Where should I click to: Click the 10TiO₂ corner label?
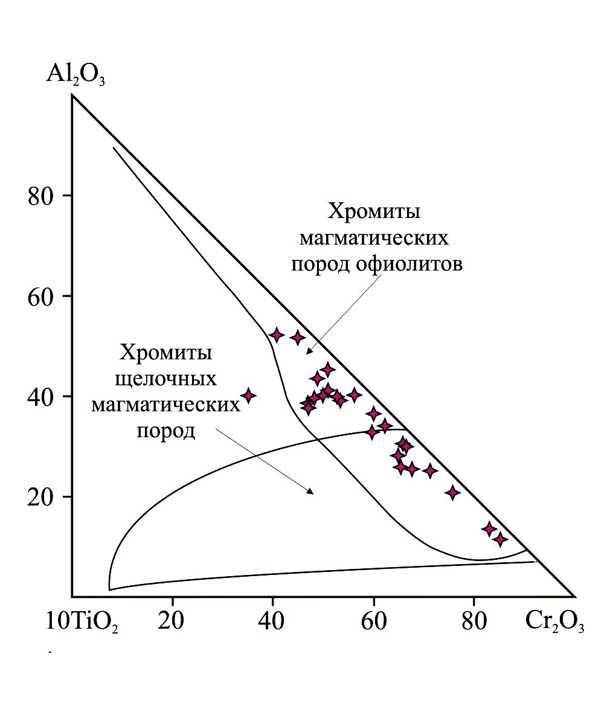point(82,622)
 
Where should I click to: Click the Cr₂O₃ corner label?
point(554,622)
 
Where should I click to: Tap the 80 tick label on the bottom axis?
point(474,621)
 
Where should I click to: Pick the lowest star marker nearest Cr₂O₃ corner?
point(499,539)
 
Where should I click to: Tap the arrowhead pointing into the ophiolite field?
point(309,351)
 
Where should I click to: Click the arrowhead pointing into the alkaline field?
point(310,490)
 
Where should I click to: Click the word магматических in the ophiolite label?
point(374,239)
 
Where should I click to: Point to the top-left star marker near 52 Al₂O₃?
point(277,335)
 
